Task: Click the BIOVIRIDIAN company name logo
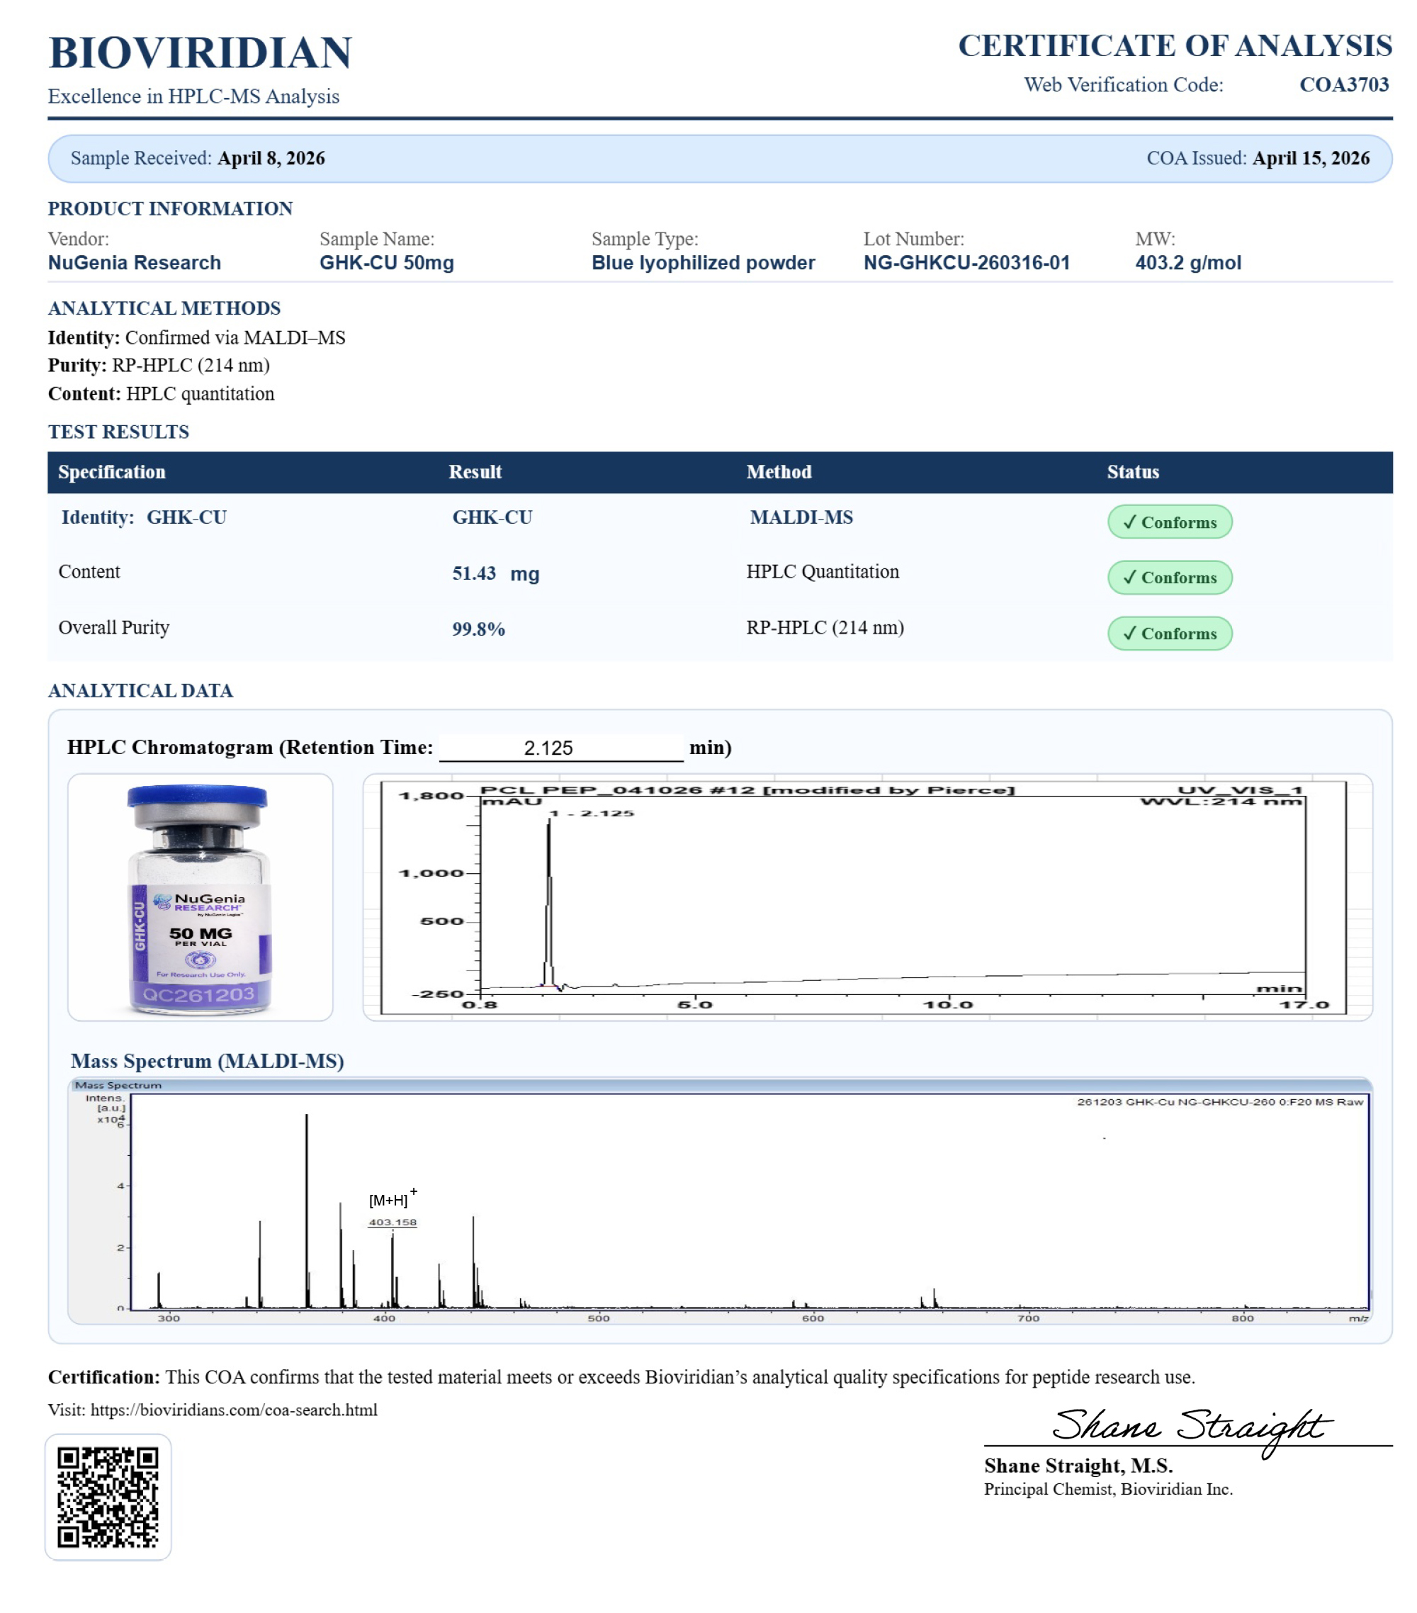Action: point(200,53)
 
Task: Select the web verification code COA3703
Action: point(1343,84)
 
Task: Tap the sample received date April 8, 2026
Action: point(271,159)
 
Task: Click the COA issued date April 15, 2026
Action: point(1310,159)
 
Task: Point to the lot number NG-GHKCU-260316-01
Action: point(966,263)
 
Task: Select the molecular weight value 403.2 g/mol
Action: point(1187,263)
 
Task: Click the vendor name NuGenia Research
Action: point(134,263)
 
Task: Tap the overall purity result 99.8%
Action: point(478,629)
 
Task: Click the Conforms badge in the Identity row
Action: point(1169,522)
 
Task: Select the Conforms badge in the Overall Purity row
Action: point(1169,633)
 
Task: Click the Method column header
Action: point(778,472)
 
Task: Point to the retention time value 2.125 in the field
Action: point(548,748)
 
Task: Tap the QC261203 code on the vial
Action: point(199,994)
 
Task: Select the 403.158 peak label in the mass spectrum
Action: point(392,1223)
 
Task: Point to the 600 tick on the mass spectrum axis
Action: point(813,1318)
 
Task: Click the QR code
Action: point(108,1497)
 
